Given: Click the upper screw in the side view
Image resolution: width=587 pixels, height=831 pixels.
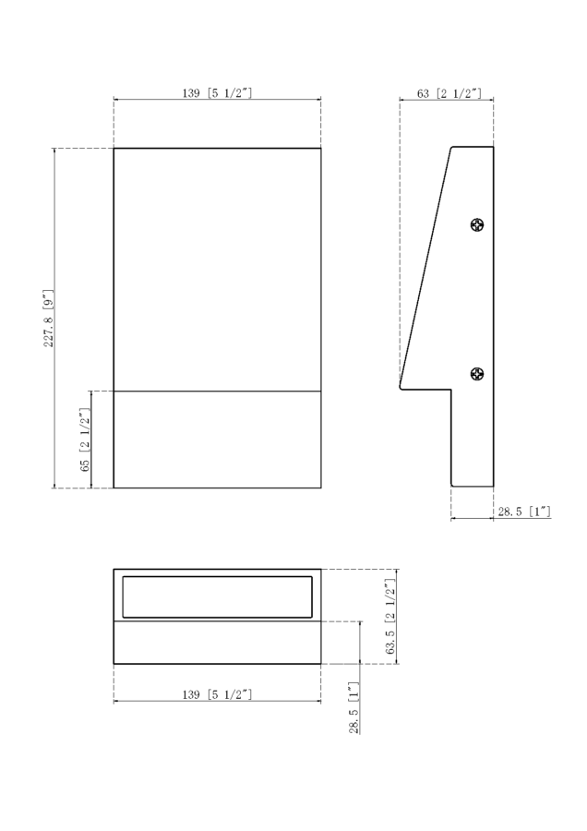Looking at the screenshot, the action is coord(477,225).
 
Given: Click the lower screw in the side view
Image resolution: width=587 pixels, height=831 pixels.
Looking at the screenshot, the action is coord(477,374).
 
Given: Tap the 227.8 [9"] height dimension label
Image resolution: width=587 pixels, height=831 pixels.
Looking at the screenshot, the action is coord(48,318).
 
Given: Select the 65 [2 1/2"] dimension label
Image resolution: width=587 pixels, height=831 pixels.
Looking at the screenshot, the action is coord(85,440).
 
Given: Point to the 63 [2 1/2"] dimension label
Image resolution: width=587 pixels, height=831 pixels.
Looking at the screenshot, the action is coord(449,93).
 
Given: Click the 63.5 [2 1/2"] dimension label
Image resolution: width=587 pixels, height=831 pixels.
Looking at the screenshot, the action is coord(391,617).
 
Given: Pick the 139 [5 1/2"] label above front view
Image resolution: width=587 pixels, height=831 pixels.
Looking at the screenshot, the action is coord(217,92).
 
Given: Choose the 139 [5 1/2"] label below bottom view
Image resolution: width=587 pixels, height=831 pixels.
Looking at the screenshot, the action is coord(217,694).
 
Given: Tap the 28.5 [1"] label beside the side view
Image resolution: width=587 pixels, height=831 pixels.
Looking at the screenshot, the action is coord(524,512).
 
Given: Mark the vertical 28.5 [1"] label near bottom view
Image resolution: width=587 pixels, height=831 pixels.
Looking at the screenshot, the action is coord(353,707).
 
